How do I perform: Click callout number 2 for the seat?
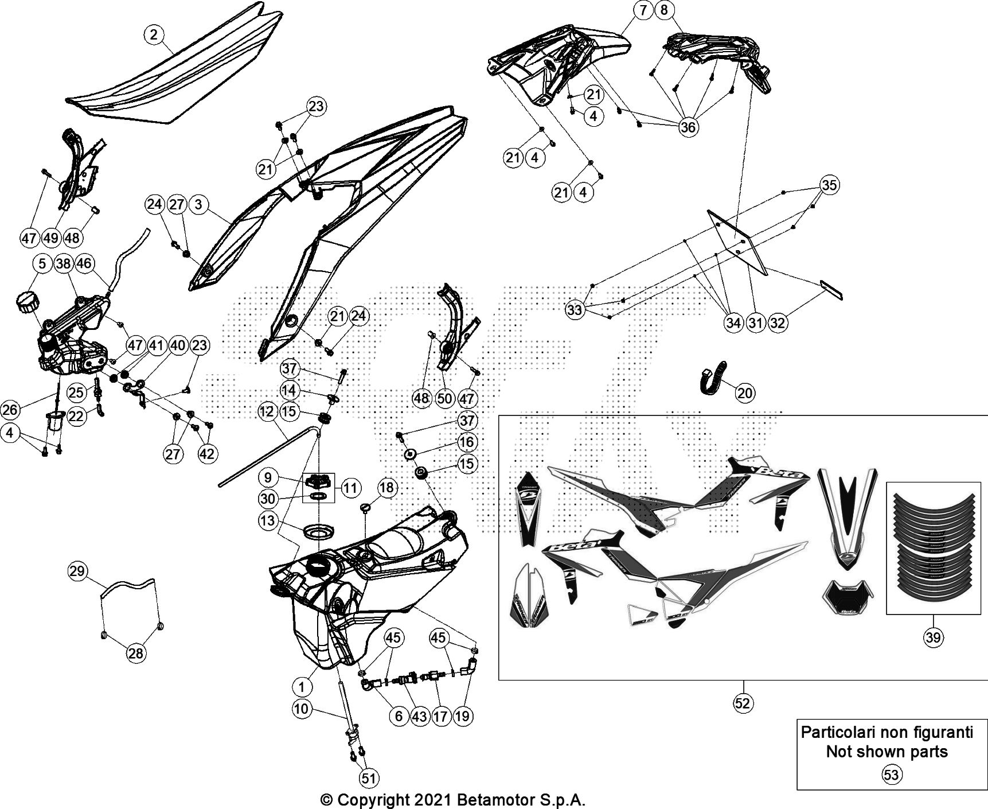click(153, 35)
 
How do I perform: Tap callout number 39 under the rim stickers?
click(934, 637)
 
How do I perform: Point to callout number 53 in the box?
click(891, 775)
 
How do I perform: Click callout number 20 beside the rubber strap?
click(745, 393)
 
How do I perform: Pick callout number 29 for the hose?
click(77, 571)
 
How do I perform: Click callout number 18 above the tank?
click(387, 488)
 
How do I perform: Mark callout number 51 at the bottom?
click(369, 778)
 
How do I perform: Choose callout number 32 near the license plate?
click(778, 323)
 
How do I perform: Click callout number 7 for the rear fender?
click(643, 10)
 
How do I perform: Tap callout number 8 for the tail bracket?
click(665, 10)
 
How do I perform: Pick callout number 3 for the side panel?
click(198, 205)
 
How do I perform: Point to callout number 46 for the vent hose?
click(84, 263)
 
